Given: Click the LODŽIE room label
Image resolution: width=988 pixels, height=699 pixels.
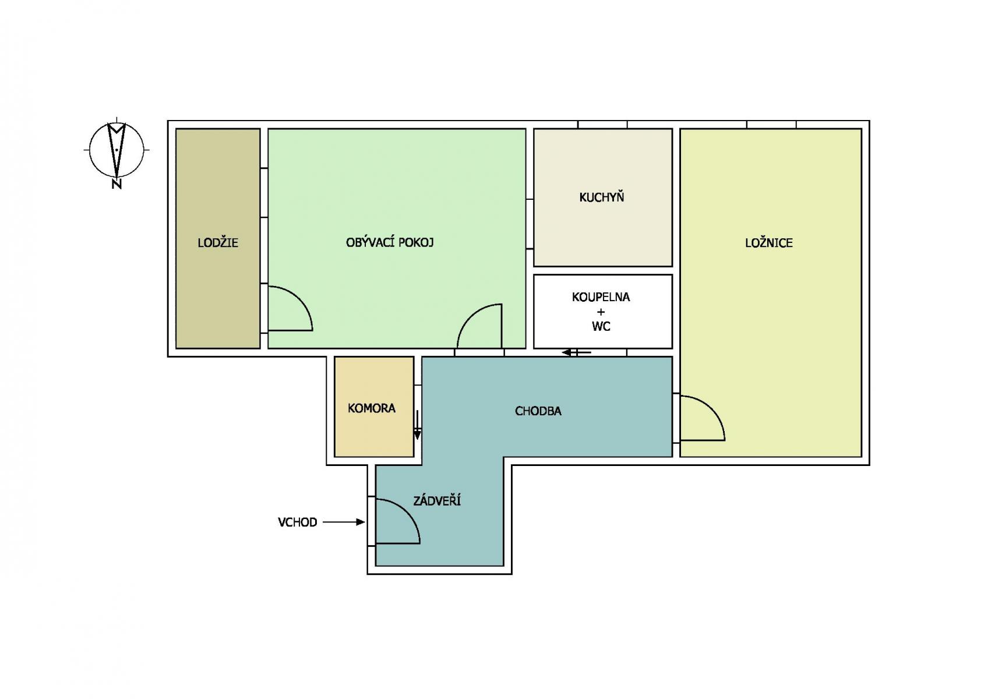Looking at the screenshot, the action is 217,242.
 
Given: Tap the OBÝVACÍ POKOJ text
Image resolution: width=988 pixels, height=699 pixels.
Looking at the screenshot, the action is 390,242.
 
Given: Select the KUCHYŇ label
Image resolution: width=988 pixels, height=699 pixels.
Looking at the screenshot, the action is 602,197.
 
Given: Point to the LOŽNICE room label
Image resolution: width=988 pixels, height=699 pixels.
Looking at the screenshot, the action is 769,242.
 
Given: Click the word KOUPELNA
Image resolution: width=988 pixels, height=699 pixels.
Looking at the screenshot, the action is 601,297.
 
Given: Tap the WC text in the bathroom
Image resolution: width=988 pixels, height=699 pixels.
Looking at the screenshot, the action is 601,326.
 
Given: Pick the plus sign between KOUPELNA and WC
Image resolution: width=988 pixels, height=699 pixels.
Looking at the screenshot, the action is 601,312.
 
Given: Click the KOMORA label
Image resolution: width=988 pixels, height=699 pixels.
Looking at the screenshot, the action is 372,408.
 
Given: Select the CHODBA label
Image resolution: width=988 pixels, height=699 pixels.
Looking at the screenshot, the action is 538,411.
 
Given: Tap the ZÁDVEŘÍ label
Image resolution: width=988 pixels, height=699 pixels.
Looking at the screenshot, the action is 437,500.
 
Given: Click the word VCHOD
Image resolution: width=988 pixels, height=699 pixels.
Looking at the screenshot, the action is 297,522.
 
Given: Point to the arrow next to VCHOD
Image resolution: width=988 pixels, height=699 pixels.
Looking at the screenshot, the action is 344,522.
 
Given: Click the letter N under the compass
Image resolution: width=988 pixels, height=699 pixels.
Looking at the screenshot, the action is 117,184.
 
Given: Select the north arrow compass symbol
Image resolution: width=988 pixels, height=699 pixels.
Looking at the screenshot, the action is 117,150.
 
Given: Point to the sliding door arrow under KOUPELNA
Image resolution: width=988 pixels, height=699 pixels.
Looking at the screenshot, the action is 576,352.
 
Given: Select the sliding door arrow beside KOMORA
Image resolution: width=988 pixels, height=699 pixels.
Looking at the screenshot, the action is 417,425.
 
